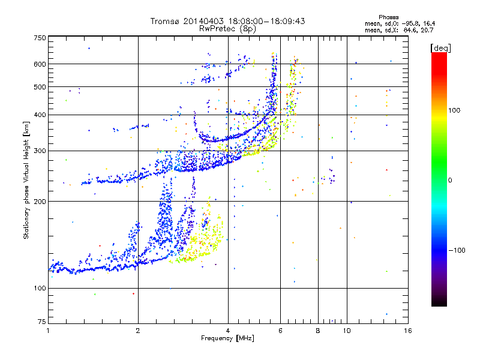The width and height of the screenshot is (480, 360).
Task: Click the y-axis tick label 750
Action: tap(40, 37)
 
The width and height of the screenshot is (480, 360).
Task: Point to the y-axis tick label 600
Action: tap(40, 64)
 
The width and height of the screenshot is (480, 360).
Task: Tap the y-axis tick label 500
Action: tap(40, 86)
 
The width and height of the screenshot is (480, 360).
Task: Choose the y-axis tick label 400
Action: tap(40, 115)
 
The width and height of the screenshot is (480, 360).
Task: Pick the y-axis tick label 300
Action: tap(40, 151)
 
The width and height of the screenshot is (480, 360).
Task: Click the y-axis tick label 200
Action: tap(40, 201)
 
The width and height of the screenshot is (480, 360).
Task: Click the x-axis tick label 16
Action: tap(407, 331)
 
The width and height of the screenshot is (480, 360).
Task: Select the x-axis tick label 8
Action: tap(318, 331)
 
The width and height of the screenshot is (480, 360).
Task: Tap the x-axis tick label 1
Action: tap(48, 331)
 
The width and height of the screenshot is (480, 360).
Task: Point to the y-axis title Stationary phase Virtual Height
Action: tap(26, 180)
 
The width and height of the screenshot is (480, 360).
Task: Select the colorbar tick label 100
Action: tap(457, 110)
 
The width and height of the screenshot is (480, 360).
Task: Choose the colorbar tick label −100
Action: tap(459, 250)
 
